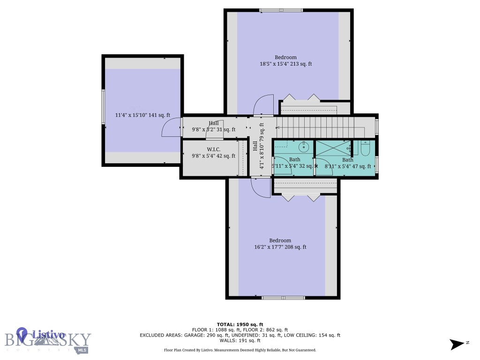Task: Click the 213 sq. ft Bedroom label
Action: click(285, 60)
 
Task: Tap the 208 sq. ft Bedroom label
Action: click(280, 244)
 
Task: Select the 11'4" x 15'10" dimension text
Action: click(142, 115)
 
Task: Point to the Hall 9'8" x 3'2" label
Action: click(213, 127)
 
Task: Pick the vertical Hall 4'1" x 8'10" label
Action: click(258, 146)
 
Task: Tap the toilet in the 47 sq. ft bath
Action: click(366, 149)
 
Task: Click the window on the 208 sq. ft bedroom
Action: click(283, 297)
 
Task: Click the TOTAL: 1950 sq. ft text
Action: click(240, 324)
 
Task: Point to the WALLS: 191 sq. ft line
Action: click(240, 341)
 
